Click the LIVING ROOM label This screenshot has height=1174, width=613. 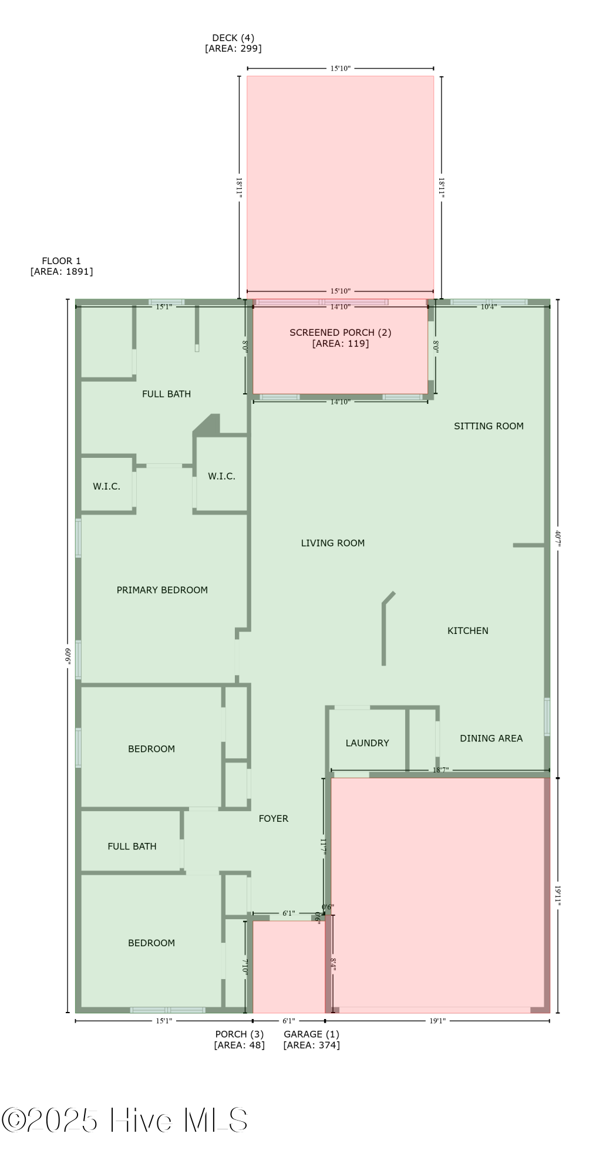click(333, 543)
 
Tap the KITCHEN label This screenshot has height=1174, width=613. click(467, 630)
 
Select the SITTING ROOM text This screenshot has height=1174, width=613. click(489, 426)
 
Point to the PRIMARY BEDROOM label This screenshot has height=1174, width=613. click(162, 590)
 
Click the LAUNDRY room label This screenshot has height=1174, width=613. click(367, 743)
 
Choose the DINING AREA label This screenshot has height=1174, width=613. click(491, 738)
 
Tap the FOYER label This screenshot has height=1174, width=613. click(274, 818)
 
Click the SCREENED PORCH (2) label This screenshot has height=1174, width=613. click(340, 333)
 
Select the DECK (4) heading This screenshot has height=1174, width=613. click(233, 38)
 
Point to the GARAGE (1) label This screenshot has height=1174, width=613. click(311, 1034)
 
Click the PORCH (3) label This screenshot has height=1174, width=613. click(239, 1034)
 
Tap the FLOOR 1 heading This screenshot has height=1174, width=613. click(61, 261)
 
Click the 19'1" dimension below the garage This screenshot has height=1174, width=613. click(437, 1021)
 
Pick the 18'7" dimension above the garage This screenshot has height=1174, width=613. click(440, 770)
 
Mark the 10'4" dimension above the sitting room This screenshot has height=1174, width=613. click(489, 306)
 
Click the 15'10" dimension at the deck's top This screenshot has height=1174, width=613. click(340, 69)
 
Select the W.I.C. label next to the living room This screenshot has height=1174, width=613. click(221, 476)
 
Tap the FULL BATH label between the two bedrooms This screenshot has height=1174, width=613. click(132, 846)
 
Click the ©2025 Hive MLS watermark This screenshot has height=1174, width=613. click(124, 1120)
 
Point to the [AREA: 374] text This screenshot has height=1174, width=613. click(311, 1045)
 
